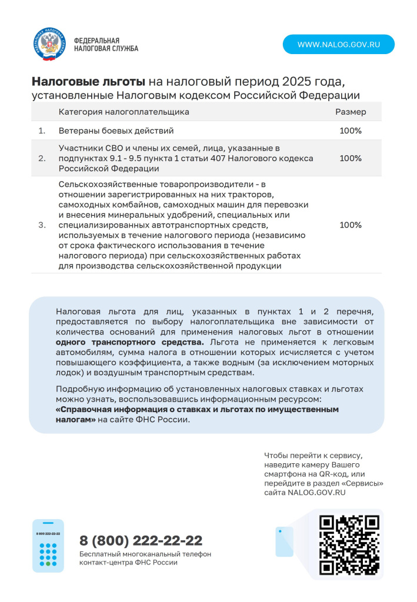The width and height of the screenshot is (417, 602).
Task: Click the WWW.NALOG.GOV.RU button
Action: tap(338, 45)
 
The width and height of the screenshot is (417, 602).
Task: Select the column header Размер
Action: tap(351, 112)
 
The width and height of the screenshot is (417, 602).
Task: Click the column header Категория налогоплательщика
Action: tap(124, 112)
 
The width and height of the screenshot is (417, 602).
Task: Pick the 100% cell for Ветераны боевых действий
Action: tap(351, 131)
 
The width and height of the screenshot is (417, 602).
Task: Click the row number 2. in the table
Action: tap(42, 158)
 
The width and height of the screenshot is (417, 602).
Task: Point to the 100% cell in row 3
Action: tap(351, 225)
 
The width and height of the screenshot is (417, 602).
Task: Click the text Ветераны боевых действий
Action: tap(116, 131)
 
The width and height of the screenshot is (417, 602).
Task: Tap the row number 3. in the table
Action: tap(42, 225)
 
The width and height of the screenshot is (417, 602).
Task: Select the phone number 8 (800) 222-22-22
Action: tap(141, 540)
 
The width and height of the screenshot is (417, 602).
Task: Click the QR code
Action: tap(348, 544)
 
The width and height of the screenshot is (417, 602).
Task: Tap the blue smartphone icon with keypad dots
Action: tap(48, 546)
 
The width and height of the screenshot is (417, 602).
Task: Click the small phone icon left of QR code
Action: tap(284, 541)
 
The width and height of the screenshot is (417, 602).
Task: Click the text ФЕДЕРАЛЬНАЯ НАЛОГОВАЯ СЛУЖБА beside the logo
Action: tap(106, 45)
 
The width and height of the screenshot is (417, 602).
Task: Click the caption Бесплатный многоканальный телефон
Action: tap(145, 554)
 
